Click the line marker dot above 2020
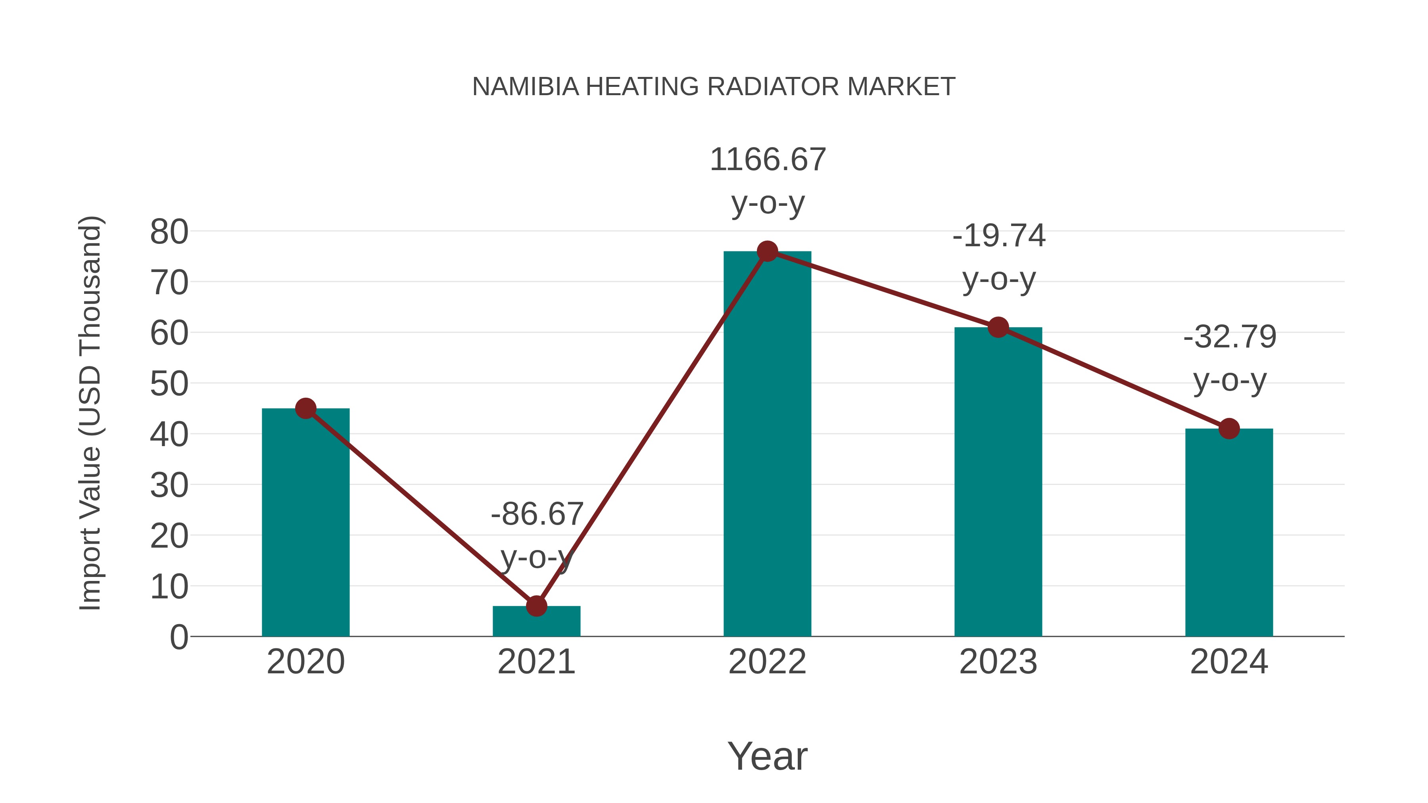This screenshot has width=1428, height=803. pyautogui.click(x=305, y=408)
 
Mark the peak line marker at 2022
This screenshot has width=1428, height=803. pyautogui.click(x=767, y=251)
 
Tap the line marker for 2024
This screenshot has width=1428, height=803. pyautogui.click(x=1229, y=428)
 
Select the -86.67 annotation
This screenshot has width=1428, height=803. pyautogui.click(x=537, y=514)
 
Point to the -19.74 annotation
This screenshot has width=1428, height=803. pyautogui.click(x=998, y=236)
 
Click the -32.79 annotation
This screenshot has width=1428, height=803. pyautogui.click(x=1230, y=337)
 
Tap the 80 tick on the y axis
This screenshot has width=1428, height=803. pyautogui.click(x=169, y=232)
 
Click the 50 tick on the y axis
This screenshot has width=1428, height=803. pyautogui.click(x=169, y=383)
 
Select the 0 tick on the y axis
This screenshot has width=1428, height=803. pyautogui.click(x=178, y=637)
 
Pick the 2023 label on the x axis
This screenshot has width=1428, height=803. pyautogui.click(x=998, y=662)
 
